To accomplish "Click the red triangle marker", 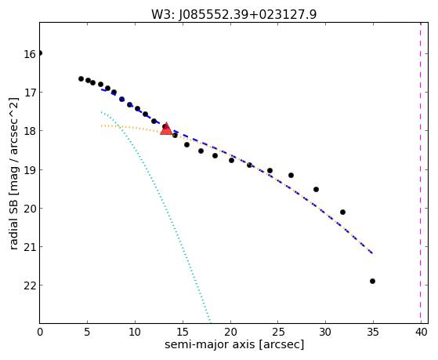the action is [166, 129].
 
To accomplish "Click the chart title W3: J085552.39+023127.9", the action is [234, 14].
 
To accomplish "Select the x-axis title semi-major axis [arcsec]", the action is [234, 344].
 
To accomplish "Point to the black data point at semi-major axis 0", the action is [40, 53].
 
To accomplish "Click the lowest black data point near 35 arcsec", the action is [372, 281].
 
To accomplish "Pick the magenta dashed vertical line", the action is [420, 173].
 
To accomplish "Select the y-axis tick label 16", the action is [30, 54].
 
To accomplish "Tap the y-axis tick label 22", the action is [30, 285].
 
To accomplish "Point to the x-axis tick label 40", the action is [422, 333].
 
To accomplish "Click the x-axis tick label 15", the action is [183, 333].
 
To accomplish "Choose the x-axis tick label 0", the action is [40, 333].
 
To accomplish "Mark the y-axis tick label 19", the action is [30, 169].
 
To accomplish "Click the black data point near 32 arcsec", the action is [342, 212].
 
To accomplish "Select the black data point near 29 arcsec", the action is [316, 189].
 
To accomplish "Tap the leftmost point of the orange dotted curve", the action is [101, 125].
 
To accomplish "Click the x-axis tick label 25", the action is [278, 333].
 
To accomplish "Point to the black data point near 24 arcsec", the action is [270, 171].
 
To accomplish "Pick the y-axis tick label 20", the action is [30, 209].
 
